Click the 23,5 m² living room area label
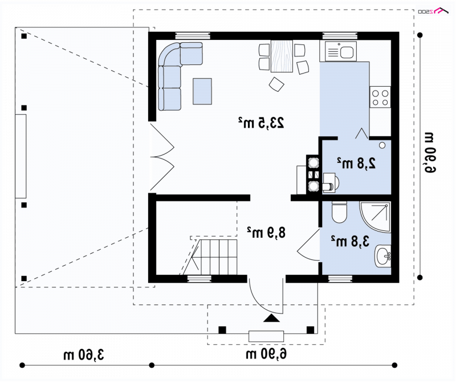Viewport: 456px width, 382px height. pos(261,123)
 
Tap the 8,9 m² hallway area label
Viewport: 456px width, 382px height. pos(266,233)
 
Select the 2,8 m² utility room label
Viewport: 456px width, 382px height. pos(357,163)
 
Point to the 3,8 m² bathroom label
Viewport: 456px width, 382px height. pos(350,242)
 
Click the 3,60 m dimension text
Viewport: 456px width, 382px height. pos(84,355)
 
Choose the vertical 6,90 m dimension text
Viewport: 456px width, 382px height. pos(430,153)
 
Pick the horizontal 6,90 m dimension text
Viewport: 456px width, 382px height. pos(266,354)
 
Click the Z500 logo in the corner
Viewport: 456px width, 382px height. pos(433,11)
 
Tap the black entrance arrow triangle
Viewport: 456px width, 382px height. pos(272,318)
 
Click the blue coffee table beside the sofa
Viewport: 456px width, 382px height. pos(202,91)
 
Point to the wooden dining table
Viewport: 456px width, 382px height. pos(282,56)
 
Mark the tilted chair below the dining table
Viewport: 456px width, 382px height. pos(276,84)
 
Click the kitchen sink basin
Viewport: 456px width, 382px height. pos(347,52)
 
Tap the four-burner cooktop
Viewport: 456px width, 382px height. pos(380,97)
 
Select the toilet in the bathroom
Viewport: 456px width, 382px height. pos(339,212)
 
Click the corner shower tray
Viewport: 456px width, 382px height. pos(375,217)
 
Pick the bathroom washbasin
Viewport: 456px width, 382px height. pos(382,256)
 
